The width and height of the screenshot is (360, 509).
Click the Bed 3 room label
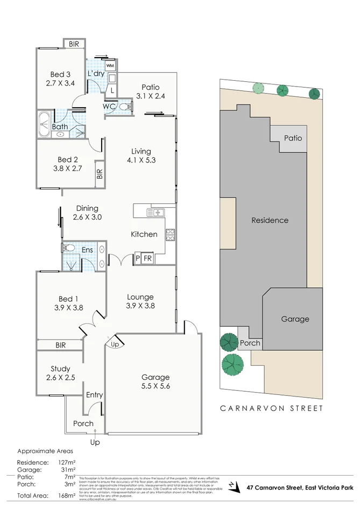[60, 75]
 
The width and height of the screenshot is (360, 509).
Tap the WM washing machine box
[110, 66]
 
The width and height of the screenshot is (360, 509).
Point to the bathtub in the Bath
[44, 124]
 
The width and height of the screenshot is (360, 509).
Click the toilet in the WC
[125, 107]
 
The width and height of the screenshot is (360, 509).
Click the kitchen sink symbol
[157, 212]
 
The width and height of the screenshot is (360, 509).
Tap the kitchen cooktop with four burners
[170, 234]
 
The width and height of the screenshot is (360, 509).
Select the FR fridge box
[147, 259]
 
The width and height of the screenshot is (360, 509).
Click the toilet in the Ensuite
[68, 248]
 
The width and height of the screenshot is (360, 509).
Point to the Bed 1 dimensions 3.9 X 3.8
[68, 309]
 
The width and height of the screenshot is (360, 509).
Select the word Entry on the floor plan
[94, 395]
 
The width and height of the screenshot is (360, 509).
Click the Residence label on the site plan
[270, 220]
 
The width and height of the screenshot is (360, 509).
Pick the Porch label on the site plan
[250, 343]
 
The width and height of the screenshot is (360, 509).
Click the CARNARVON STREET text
[271, 408]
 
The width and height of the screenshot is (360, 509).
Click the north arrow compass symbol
[232, 486]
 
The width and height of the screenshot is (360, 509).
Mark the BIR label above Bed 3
[74, 45]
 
